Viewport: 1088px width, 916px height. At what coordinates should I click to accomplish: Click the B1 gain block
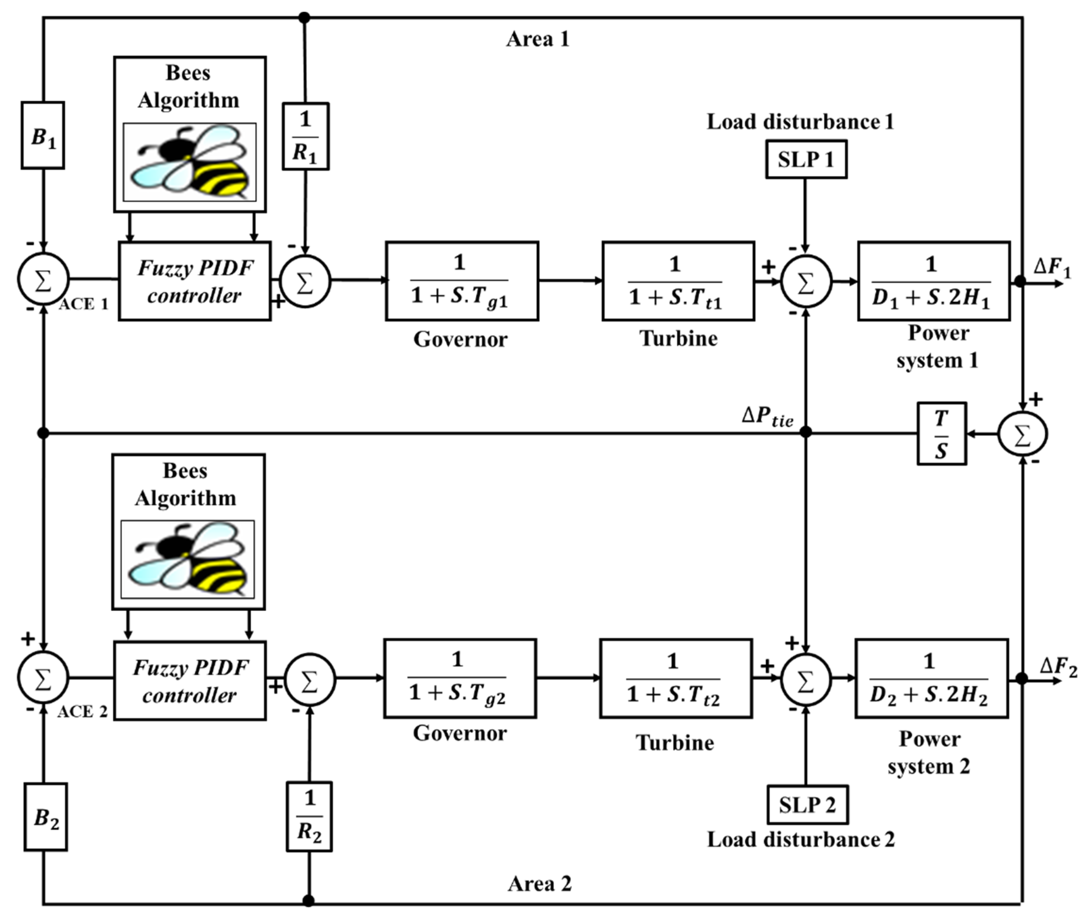[43, 135]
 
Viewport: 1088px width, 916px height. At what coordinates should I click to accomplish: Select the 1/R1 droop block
[305, 136]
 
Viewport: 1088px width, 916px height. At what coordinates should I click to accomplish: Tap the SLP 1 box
[806, 159]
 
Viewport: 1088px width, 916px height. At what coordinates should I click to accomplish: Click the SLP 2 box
[808, 804]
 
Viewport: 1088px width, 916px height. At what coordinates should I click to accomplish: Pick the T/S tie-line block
[942, 434]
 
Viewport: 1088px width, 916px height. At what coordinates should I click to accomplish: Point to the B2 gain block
[46, 817]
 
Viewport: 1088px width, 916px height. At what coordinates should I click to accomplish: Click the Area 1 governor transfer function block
[462, 281]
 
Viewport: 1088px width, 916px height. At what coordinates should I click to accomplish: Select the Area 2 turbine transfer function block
[676, 678]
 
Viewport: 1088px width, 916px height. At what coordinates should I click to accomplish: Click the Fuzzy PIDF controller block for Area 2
[190, 680]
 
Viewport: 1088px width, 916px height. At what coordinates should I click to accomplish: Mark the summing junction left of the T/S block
[1022, 434]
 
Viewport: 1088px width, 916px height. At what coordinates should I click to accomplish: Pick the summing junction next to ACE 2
[43, 678]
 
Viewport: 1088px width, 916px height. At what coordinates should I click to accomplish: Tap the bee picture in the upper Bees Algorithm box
[190, 162]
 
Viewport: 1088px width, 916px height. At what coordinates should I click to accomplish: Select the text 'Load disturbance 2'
[801, 840]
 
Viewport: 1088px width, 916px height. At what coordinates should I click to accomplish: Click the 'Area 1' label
[538, 39]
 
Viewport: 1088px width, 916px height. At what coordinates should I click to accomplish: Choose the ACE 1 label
[84, 304]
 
